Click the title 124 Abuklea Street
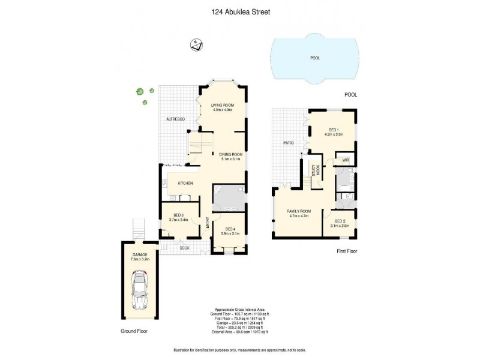(239, 10)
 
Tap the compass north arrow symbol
(196, 44)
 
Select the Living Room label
(221, 107)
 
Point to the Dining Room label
(232, 157)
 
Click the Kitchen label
(185, 182)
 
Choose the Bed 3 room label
(178, 217)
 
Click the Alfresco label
(176, 120)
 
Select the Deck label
(185, 247)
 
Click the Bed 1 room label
(333, 131)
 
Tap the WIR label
(346, 160)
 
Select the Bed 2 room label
(340, 223)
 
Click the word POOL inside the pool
(315, 58)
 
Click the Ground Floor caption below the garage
(133, 331)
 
